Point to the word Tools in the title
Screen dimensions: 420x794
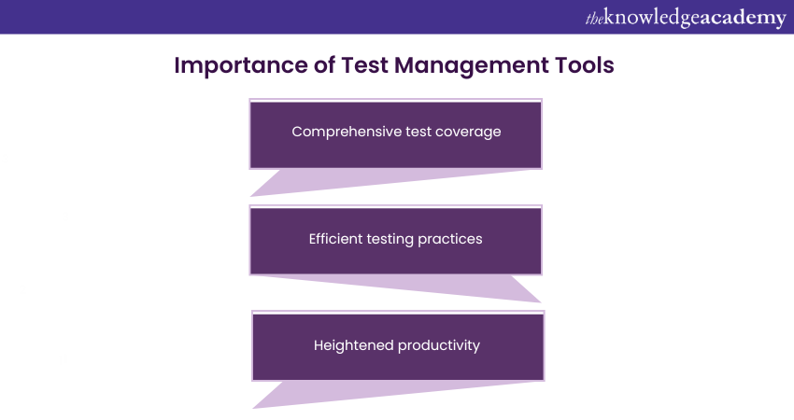tap(585, 66)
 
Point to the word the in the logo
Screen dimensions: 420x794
tap(593, 18)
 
